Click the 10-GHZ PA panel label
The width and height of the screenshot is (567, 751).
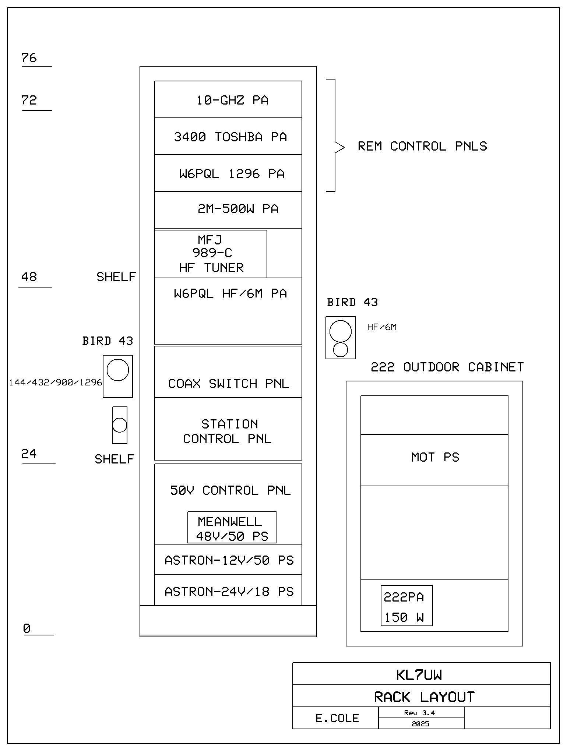232,100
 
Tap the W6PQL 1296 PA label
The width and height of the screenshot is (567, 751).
232,174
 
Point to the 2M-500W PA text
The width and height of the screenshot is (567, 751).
238,209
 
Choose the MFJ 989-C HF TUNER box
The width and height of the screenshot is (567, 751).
211,254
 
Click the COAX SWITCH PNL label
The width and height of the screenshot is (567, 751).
229,384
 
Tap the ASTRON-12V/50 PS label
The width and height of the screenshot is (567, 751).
229,560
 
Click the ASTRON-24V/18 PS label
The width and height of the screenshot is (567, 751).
229,592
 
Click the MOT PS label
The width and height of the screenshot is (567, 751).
435,457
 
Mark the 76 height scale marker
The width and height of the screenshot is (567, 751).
29,58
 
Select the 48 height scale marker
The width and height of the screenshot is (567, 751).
29,277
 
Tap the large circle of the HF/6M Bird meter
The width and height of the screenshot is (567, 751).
340,331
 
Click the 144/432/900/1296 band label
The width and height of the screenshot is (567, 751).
56,382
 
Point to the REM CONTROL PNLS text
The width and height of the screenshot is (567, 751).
422,146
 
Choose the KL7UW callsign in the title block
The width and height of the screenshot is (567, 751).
419,675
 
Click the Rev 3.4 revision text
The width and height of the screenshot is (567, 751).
419,713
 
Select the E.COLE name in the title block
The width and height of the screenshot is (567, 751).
337,718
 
